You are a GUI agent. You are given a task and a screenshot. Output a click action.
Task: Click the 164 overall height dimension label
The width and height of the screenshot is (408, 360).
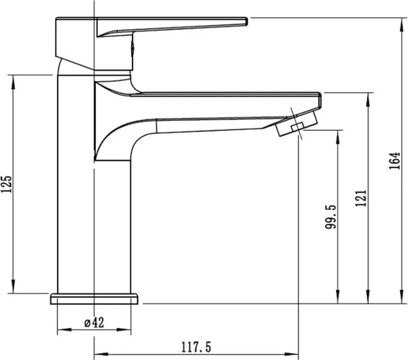coord(394,161)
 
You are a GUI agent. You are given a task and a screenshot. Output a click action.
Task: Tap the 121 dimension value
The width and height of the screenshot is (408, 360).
coord(361,198)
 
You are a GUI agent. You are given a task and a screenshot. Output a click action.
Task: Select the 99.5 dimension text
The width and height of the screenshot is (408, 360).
coord(330,216)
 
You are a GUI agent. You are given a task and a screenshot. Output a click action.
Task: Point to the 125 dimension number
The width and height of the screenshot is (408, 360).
coord(6,184)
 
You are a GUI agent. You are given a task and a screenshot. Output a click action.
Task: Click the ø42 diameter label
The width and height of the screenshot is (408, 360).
coord(95,323)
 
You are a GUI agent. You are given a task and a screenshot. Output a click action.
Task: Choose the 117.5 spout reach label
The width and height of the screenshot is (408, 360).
coord(197,347)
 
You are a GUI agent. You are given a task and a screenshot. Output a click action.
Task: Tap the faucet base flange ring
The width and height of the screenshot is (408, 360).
coord(94,299)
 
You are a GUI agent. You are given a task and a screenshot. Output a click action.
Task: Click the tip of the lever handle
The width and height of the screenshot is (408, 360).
coord(246,22)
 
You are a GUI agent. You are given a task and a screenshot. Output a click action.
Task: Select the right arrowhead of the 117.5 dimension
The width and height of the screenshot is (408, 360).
coord(292,355)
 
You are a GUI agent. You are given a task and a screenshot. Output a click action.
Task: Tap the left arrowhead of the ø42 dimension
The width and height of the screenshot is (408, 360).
coord(64,329)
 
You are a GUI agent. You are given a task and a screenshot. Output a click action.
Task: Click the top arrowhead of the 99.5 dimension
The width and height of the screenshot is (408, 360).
coord(337,136)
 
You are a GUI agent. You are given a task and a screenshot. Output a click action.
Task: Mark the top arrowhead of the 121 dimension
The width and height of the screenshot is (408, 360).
coord(368,99)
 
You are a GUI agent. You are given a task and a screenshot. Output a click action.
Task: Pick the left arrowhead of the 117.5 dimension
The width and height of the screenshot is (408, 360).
coord(101,355)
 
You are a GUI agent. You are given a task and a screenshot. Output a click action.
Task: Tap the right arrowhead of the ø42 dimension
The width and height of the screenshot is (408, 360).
coord(124,329)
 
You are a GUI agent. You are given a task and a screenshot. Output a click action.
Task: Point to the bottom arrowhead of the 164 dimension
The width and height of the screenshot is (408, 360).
coord(401,297)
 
